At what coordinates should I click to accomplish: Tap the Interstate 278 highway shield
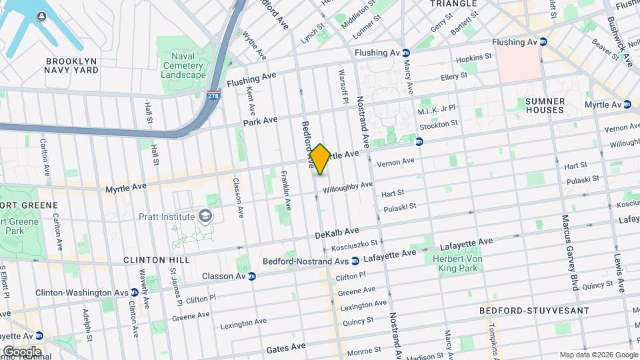click(213, 96)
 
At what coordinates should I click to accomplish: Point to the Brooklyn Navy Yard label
click(71, 66)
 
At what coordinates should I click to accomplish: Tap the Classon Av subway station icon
click(251, 276)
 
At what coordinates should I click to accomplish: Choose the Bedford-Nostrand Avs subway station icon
click(355, 261)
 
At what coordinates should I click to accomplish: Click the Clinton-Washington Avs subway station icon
click(134, 292)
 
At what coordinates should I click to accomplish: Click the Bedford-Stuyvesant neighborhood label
click(534, 311)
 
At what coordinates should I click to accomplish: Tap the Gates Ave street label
click(285, 347)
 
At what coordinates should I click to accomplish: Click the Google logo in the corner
click(21, 351)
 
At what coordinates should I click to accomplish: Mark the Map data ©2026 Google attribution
click(598, 355)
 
